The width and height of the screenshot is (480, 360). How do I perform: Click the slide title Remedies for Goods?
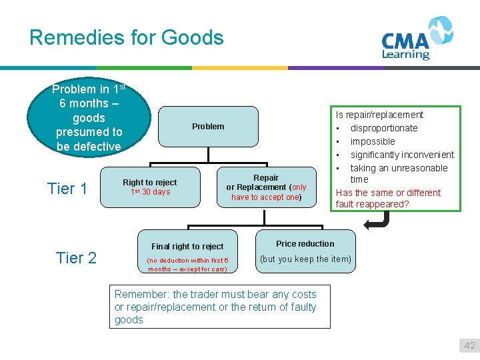[x=127, y=37]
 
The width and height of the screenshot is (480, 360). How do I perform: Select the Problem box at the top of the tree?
[x=208, y=127]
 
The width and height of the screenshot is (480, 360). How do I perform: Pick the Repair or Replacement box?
[x=266, y=187]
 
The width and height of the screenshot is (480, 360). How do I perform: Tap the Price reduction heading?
[x=305, y=244]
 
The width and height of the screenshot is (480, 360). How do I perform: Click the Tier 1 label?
[x=67, y=189]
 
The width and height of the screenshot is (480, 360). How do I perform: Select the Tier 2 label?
[x=77, y=258]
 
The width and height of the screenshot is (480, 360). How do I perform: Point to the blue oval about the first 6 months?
[x=89, y=118]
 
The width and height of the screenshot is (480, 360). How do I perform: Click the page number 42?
[x=470, y=345]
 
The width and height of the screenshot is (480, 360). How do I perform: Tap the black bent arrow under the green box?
[x=378, y=221]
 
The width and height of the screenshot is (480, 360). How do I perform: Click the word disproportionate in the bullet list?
[x=384, y=128]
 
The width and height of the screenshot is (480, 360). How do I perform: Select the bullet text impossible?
[x=373, y=141]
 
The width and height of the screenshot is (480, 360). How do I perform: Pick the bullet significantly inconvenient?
[x=402, y=155]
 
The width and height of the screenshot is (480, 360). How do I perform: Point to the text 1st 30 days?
[x=150, y=192]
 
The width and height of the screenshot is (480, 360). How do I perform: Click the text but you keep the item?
[x=305, y=259]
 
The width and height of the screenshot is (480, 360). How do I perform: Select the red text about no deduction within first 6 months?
[x=187, y=265]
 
